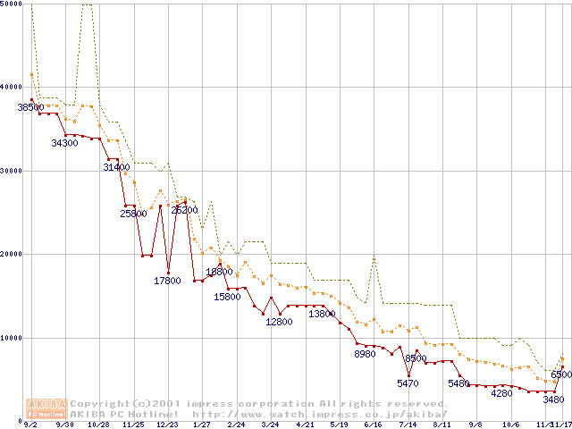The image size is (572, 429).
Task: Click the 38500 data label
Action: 30,107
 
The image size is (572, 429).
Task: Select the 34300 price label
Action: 64,143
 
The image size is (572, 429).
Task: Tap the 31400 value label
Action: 116,167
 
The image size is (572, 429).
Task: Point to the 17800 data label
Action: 167,281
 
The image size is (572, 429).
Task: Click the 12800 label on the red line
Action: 279,322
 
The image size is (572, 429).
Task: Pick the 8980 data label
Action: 365,355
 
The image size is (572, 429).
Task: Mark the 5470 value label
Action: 408,383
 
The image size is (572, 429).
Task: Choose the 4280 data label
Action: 501,393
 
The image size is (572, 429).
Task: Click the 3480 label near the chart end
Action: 553,400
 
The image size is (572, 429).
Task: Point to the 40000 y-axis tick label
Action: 12,87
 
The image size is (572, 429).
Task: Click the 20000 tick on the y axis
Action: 12,254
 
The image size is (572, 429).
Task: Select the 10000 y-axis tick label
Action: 12,338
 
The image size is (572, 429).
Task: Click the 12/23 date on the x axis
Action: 167,425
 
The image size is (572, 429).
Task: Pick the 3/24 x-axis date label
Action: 270,425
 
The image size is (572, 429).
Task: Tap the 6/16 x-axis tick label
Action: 374,425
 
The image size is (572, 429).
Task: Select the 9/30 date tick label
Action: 64,425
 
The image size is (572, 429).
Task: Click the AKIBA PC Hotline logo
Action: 47,408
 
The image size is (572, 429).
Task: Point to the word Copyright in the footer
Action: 97,403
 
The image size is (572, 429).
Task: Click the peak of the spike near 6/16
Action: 374,257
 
